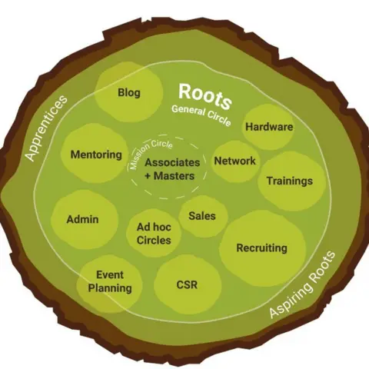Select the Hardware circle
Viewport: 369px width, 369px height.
coord(268,127)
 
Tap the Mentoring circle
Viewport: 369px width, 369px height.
coord(95,155)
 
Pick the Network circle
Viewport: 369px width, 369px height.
coord(234,161)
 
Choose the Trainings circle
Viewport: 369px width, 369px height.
coord(289,181)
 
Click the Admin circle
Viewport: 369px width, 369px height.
coord(83,219)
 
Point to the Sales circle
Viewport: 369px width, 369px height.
coord(201,216)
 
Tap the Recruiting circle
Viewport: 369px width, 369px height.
coord(261,248)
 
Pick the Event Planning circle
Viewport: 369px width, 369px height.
coord(110,281)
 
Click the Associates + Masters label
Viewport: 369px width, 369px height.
coord(171,169)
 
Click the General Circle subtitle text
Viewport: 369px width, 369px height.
coord(201,118)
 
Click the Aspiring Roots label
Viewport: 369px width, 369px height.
coord(302,284)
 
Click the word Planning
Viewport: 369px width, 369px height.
coord(110,288)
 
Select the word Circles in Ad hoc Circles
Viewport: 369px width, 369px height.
coord(154,241)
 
